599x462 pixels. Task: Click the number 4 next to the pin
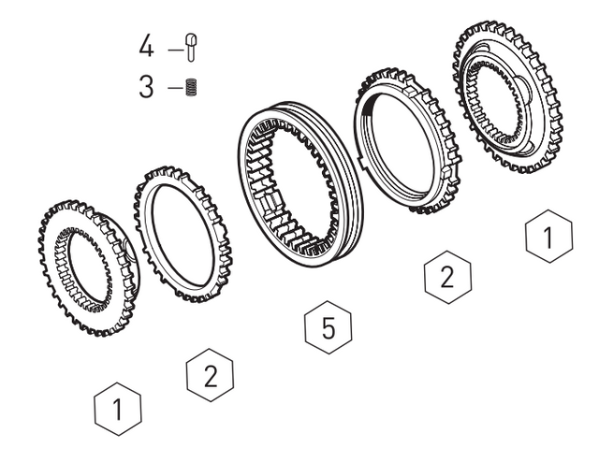tap(146, 46)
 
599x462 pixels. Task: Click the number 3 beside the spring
tap(146, 87)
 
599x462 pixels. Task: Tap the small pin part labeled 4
tap(191, 48)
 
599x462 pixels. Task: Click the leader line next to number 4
tap(176, 50)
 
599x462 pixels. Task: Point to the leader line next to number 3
tap(176, 88)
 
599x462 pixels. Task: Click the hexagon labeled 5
tap(329, 327)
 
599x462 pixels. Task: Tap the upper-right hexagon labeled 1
tap(549, 237)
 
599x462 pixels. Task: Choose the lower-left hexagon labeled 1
tap(118, 409)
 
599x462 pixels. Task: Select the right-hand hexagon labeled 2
tap(447, 277)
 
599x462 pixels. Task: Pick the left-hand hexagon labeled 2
tap(210, 375)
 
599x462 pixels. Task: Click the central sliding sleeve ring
tap(300, 185)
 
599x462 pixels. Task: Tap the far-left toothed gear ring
tap(89, 267)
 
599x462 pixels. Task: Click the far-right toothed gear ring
tap(507, 97)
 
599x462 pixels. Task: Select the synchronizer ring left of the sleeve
tap(183, 234)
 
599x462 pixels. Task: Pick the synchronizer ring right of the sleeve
tap(408, 141)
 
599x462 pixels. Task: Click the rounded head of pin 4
tap(191, 39)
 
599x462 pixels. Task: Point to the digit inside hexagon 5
tap(329, 327)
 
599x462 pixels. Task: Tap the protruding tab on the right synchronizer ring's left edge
tap(360, 160)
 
